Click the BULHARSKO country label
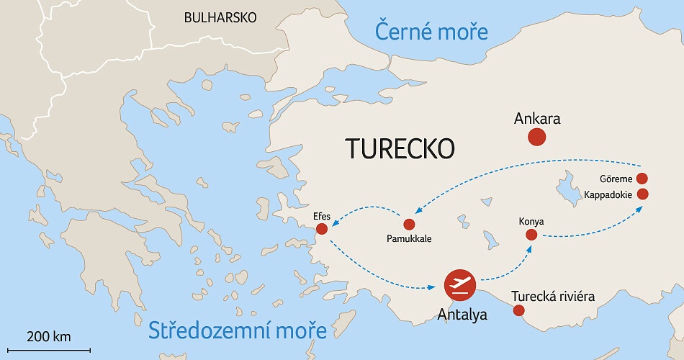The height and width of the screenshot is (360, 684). [220, 18]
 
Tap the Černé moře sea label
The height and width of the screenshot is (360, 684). [431, 32]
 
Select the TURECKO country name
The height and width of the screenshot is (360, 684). [400, 148]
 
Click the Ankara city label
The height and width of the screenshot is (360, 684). [537, 119]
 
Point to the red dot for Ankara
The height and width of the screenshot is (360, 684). [536, 137]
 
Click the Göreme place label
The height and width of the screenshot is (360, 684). [616, 179]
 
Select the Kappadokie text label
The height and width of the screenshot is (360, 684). [608, 194]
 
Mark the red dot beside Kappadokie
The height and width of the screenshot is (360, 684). [643, 194]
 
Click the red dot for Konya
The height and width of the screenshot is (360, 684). [531, 235]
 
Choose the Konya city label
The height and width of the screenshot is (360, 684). [531, 221]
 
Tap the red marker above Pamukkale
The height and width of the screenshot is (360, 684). [409, 225]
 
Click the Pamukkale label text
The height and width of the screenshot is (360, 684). [409, 238]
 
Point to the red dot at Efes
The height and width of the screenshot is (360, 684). [322, 229]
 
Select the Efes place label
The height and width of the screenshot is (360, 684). [322, 215]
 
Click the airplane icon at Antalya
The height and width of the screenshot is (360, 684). [459, 285]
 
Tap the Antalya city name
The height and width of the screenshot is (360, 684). [463, 314]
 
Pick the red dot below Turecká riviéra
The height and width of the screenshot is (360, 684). [518, 311]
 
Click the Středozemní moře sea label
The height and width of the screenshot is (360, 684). [238, 330]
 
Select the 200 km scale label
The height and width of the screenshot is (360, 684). [49, 336]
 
